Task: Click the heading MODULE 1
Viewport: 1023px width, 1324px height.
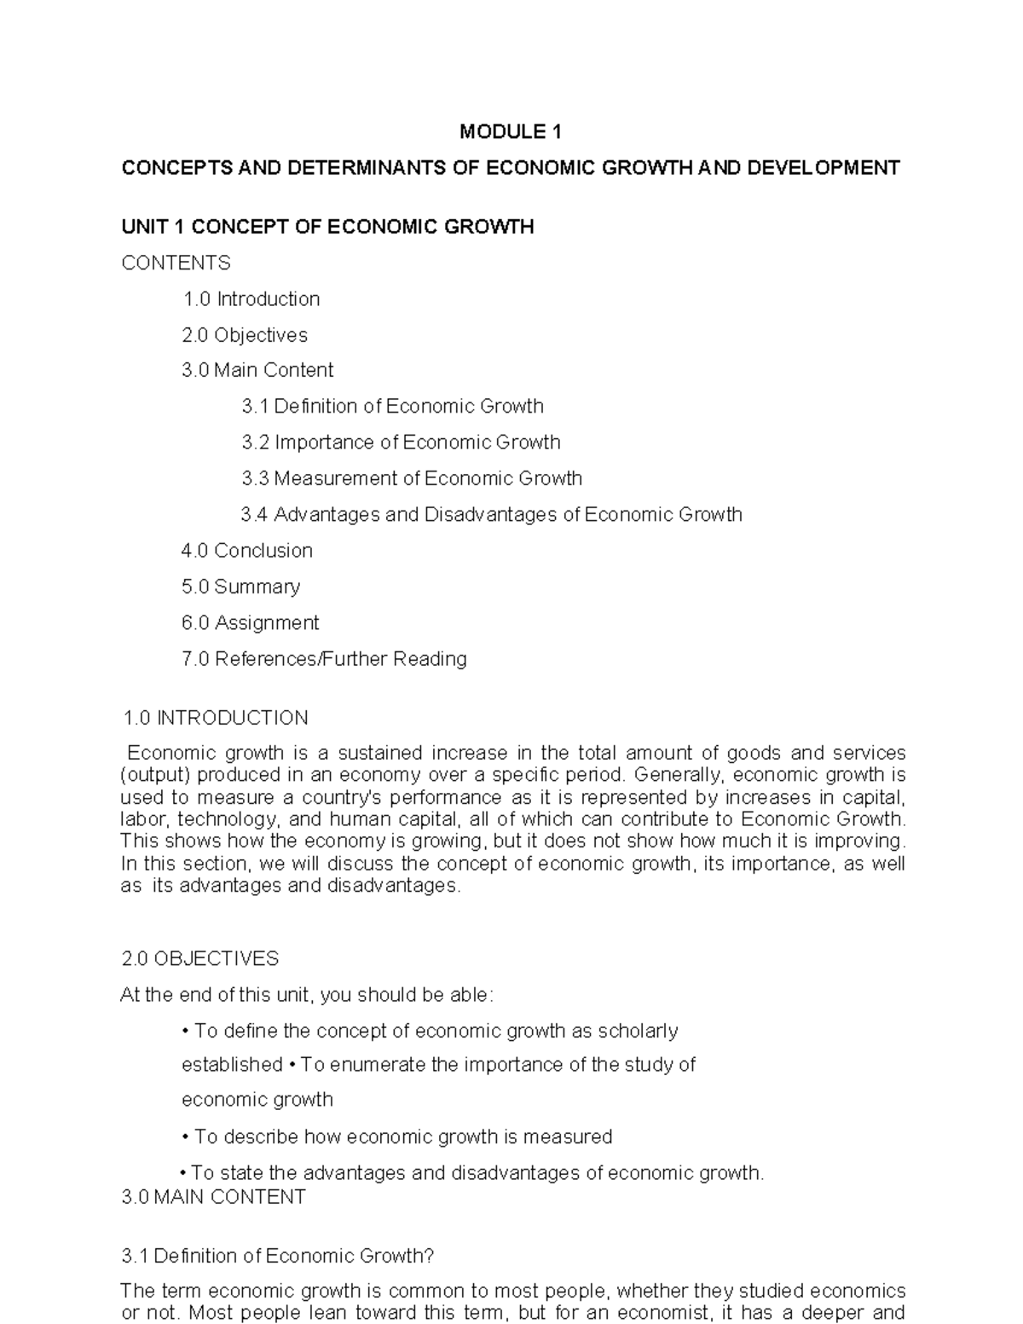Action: (511, 132)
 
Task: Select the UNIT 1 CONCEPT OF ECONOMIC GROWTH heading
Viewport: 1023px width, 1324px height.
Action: (327, 227)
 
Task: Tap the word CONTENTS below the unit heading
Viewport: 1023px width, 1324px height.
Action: (176, 263)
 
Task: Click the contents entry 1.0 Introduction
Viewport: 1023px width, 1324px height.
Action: (251, 299)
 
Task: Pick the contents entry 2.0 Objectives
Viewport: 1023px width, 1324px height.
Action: (245, 335)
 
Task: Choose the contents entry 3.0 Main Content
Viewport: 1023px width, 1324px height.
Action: (257, 370)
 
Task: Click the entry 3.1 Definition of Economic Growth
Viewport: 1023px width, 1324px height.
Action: (392, 407)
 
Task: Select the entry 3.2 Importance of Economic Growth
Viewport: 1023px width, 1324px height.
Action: (401, 442)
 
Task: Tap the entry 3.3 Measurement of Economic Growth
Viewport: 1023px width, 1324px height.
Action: (412, 478)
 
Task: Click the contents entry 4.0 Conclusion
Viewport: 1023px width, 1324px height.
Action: (246, 551)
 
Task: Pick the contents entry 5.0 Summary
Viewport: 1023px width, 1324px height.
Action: (240, 587)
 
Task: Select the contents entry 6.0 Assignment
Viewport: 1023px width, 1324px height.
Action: (250, 623)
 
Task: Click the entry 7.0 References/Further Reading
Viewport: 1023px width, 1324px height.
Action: (324, 659)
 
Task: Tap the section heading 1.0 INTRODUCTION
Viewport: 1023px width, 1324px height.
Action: (215, 718)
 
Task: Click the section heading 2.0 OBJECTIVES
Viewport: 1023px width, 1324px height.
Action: (200, 959)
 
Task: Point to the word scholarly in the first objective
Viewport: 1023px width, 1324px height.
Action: (638, 1032)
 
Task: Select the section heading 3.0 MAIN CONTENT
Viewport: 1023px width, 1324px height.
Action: (213, 1197)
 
